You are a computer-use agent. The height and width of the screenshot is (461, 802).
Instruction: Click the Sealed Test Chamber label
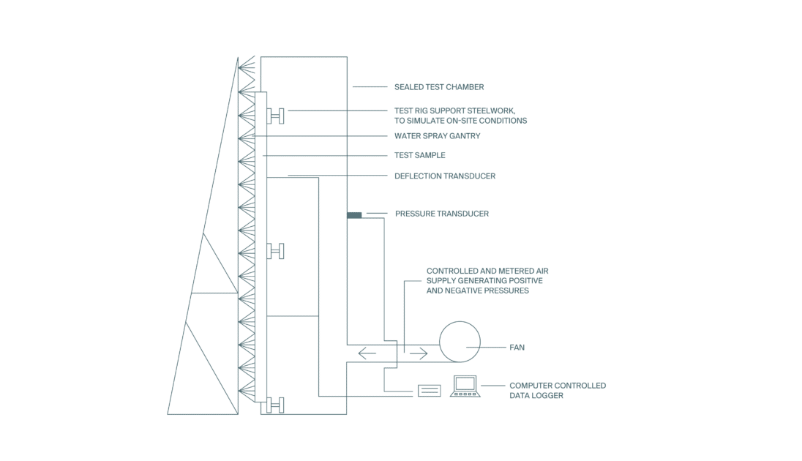439,87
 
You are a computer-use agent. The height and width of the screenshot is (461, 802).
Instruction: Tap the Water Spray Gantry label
438,136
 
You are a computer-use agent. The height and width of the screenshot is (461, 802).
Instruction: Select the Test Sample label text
420,155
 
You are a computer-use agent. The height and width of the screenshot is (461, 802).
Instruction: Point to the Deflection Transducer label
445,176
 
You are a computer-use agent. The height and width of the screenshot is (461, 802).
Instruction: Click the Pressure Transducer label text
442,214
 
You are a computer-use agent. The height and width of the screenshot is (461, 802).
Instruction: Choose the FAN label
517,348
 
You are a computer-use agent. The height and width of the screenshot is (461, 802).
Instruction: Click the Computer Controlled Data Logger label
558,391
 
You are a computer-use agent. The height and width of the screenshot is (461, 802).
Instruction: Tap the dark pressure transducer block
354,215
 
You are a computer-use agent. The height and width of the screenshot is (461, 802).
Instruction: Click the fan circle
460,321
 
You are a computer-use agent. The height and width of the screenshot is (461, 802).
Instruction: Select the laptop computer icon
465,386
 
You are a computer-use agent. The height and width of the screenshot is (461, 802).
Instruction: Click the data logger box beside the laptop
429,391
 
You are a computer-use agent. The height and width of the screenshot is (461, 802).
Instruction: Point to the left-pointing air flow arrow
367,353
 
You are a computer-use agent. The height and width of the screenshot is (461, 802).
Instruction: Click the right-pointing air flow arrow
419,353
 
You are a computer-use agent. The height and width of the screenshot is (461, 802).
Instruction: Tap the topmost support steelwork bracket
276,116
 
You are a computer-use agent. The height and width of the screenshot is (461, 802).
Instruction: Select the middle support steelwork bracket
276,251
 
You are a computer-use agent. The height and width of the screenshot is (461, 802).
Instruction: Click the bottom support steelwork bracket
276,405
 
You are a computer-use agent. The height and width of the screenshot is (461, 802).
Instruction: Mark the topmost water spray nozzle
247,67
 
